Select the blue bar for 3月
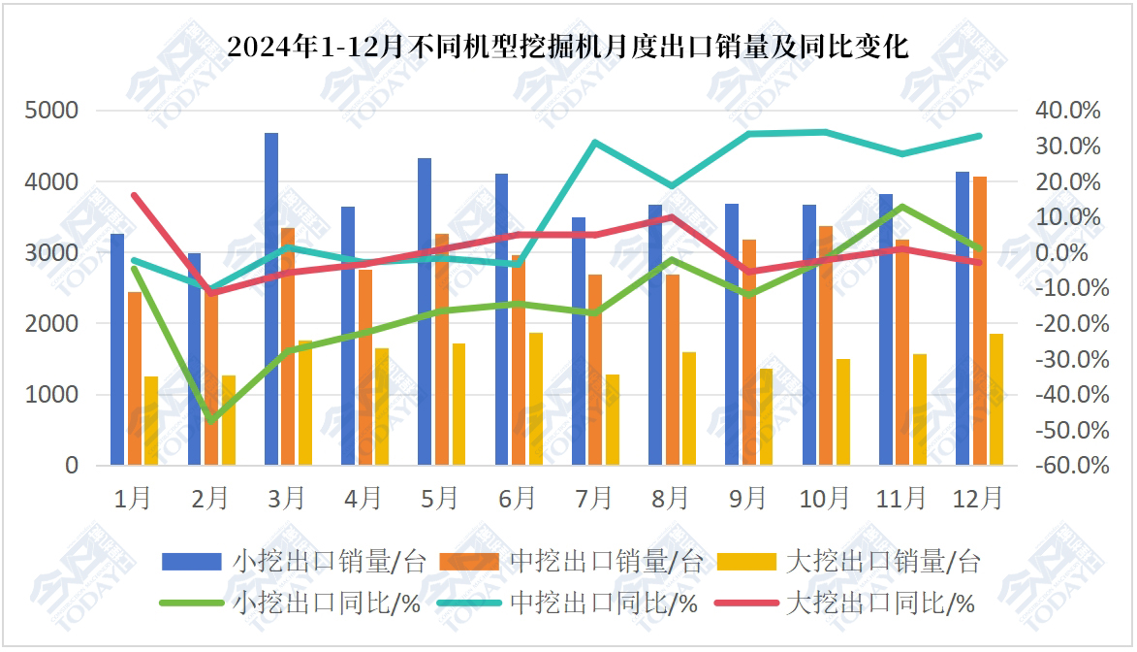271,299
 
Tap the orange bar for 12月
980,320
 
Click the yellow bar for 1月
151,420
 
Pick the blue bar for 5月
425,311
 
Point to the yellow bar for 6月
536,399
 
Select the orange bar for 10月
826,345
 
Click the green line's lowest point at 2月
210,420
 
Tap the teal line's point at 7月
594,143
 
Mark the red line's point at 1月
134,195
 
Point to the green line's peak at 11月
902,206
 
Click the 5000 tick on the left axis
57,111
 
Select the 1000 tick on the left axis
57,395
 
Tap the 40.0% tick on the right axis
1068,111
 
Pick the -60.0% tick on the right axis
1068,466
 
